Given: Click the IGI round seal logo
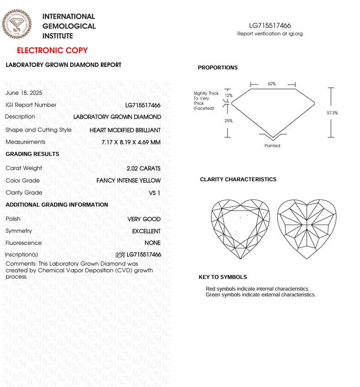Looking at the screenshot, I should tap(17, 25).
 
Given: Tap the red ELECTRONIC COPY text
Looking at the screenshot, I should tap(52, 51).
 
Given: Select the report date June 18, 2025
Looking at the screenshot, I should tap(24, 93).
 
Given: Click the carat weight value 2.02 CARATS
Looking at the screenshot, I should tap(143, 168).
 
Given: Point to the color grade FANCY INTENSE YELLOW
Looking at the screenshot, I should tap(128, 180).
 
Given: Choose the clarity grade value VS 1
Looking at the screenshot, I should tap(154, 193).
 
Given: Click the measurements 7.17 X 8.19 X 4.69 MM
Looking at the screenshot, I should tap(131, 142).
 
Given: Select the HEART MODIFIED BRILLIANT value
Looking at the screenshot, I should tap(125, 130).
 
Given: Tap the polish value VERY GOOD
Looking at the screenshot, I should tap(144, 219).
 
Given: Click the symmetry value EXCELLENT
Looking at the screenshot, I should tap(146, 231).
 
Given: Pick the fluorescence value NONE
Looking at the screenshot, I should tap(152, 243).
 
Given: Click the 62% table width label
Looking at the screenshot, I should tap(272, 84).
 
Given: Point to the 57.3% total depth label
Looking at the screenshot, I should tap(332, 113).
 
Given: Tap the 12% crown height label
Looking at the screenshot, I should tap(229, 95).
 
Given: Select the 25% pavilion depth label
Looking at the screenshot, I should tap(228, 121).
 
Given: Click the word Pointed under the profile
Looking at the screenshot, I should tap(272, 145).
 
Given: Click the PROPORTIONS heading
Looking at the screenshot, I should tap(218, 68).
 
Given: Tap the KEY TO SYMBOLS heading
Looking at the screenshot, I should tap(223, 277).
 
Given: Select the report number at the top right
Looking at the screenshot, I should tap(270, 26).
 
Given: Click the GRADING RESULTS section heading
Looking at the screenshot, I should tap(32, 154).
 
